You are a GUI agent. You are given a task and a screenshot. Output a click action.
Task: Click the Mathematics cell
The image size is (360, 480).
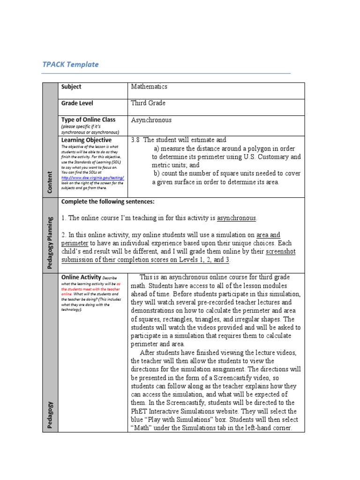(149, 87)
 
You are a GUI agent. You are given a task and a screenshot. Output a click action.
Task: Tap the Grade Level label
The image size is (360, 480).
(76, 103)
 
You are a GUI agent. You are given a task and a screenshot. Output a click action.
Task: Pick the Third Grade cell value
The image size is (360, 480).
(148, 103)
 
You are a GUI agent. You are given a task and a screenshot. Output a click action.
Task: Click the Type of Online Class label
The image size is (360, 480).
(88, 120)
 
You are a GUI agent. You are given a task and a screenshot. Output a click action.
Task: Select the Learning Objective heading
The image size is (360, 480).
(86, 140)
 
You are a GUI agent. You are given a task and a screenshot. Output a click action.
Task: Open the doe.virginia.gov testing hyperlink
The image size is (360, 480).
(93, 178)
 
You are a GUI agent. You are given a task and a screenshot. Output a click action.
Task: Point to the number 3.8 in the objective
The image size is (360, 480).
(136, 140)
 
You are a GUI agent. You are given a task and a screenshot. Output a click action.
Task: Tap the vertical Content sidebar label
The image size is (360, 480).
(50, 180)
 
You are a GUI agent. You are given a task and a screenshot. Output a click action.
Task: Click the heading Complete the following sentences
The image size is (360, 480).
(107, 202)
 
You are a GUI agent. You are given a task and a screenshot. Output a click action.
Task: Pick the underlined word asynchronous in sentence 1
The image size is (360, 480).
(236, 218)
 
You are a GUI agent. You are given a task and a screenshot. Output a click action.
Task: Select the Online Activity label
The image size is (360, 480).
(81, 277)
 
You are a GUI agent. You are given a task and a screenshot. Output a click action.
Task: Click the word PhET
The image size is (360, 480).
(139, 411)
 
